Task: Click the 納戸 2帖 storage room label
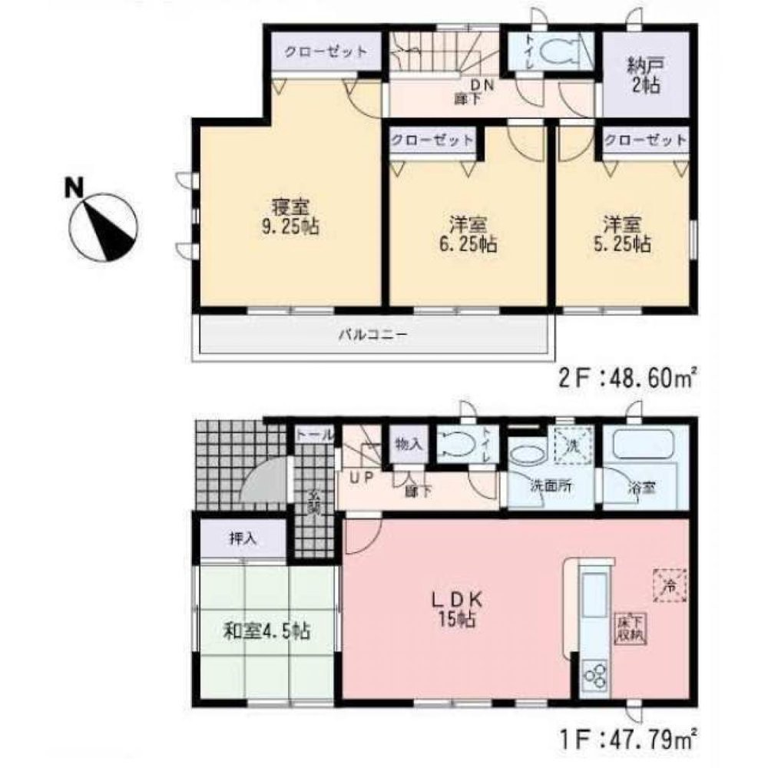(644, 74)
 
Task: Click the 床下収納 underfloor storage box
(631, 629)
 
